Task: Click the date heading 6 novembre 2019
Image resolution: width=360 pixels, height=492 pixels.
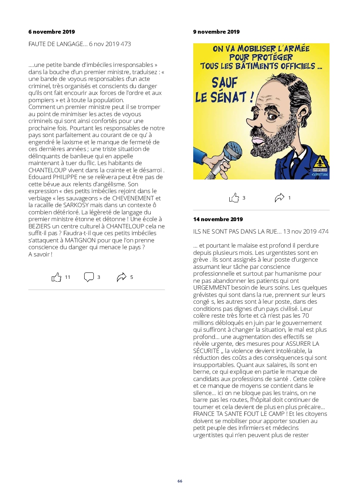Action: click(x=51, y=32)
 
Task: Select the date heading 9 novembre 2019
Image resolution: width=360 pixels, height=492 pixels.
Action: click(x=216, y=32)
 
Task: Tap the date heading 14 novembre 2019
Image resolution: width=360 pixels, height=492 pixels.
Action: click(x=218, y=219)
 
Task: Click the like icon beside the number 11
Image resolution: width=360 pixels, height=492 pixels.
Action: click(x=57, y=277)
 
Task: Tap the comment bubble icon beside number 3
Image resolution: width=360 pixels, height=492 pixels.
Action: click(x=89, y=277)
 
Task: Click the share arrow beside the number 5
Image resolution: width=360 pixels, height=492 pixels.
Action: click(x=121, y=277)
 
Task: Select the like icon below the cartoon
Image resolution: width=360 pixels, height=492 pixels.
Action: click(x=234, y=198)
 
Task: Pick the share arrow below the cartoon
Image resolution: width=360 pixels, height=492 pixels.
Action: click(x=279, y=198)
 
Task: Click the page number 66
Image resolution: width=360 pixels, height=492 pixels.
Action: click(x=180, y=481)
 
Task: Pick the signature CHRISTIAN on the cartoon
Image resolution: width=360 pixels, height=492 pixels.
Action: click(x=319, y=175)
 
